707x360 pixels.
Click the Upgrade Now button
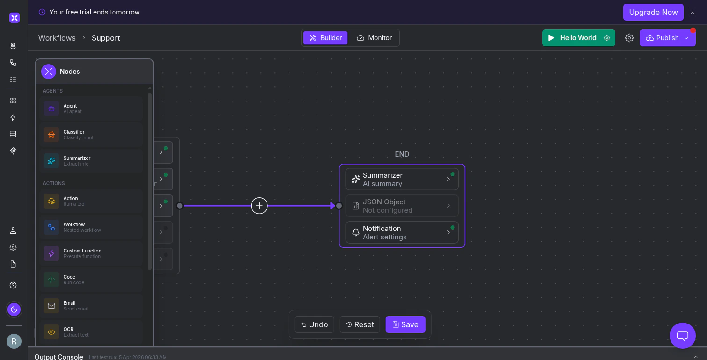click(653, 12)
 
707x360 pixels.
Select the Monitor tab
click(374, 38)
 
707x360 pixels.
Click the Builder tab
click(325, 38)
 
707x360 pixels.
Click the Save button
click(405, 324)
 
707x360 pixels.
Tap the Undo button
click(314, 324)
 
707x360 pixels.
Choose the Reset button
click(360, 324)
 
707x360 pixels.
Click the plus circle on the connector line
click(260, 206)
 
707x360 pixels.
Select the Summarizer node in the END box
click(402, 179)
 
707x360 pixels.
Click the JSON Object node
click(402, 206)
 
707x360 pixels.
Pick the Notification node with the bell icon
click(402, 232)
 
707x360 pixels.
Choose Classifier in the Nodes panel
click(91, 135)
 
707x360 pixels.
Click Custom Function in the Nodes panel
click(91, 253)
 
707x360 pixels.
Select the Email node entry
click(91, 306)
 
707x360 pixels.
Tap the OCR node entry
click(91, 332)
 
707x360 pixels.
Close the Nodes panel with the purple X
click(49, 72)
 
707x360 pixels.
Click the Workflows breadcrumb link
click(57, 38)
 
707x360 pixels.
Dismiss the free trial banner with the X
click(693, 12)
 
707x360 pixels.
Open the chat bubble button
click(683, 336)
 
